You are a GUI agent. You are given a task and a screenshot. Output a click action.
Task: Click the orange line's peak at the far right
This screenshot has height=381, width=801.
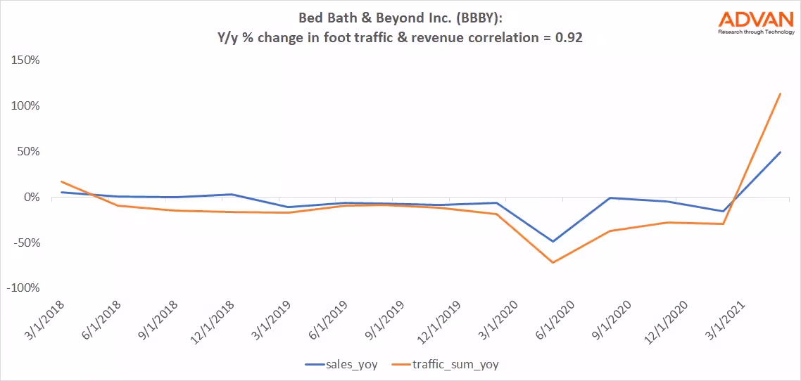pos(781,93)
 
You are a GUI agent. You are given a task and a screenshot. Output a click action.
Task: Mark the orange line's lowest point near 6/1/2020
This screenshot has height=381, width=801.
pos(553,262)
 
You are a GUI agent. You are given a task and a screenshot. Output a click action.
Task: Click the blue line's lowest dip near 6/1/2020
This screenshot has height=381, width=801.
pos(553,241)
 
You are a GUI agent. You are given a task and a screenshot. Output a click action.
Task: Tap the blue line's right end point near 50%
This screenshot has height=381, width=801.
pos(781,152)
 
